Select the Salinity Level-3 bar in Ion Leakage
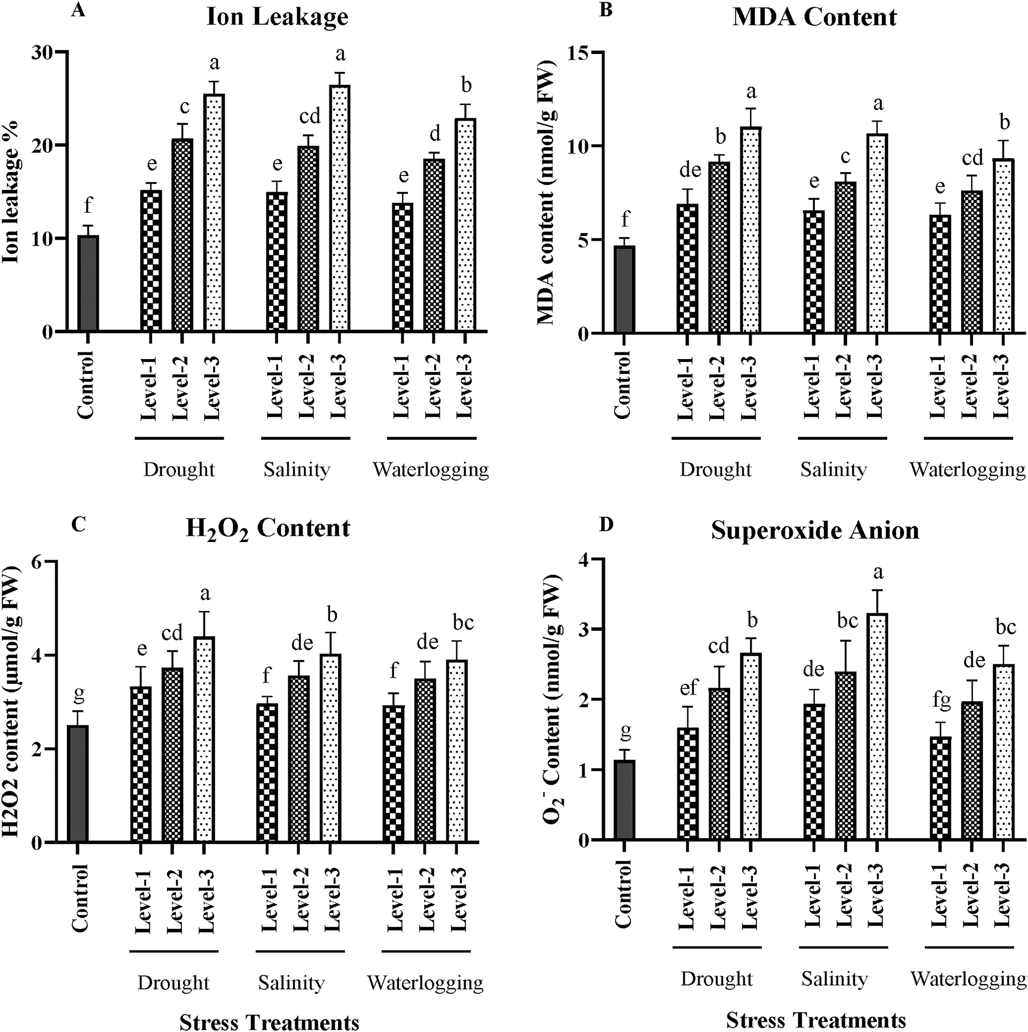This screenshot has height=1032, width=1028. click(x=339, y=208)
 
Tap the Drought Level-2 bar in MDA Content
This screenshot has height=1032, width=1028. click(x=718, y=247)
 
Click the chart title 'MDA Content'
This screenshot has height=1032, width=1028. click(x=814, y=17)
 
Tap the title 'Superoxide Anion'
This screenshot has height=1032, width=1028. click(x=815, y=530)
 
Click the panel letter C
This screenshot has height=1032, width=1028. click(x=78, y=525)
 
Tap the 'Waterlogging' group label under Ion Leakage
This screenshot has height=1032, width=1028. click(x=431, y=470)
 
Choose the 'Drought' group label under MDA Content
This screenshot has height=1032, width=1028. click(x=715, y=470)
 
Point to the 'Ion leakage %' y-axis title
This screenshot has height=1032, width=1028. click(x=12, y=192)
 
